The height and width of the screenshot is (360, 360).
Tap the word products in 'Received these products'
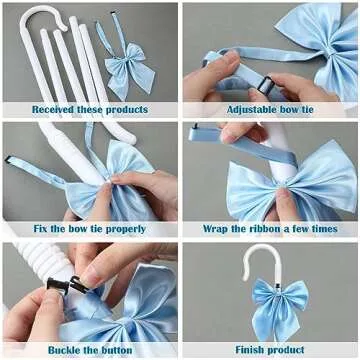[x=127, y=110]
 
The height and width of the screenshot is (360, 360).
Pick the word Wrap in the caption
[x=215, y=229]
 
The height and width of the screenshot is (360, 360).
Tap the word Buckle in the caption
[x=64, y=350]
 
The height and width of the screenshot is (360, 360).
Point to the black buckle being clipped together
[x=67, y=284]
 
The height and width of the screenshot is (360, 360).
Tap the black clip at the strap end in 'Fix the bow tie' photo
[x=8, y=159]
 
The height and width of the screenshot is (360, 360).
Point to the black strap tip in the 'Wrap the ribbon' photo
[x=196, y=126]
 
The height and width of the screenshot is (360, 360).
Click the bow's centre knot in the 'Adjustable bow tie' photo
[x=329, y=52]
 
